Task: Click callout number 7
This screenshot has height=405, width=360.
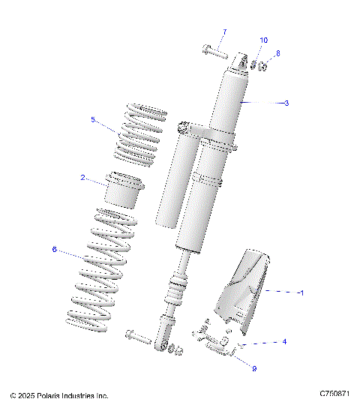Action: pos(223,32)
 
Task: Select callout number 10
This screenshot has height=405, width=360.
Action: pos(263,40)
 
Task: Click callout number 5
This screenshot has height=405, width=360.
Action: pos(93,119)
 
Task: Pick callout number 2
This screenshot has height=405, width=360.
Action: pos(82,178)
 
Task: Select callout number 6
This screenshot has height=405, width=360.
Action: pos(54,250)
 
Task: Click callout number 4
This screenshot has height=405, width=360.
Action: pos(284,342)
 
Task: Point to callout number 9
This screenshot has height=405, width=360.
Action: pos(253,367)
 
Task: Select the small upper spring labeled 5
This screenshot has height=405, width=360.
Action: pos(139,133)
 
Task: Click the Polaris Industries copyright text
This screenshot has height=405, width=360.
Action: pos(59,394)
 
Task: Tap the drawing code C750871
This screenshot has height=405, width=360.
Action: pos(334,394)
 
